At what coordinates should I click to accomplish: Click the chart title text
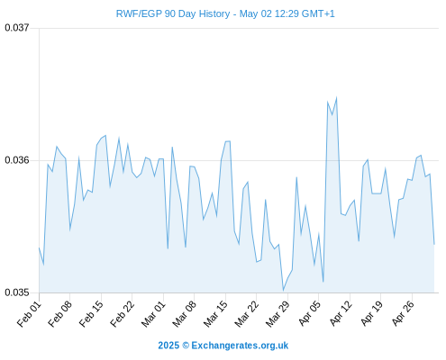tap(225, 13)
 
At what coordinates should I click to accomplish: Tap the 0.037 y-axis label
tap(17, 28)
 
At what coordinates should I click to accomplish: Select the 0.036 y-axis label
tap(17, 160)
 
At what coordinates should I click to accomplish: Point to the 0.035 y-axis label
tap(17, 292)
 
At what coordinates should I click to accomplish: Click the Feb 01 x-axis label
tap(30, 314)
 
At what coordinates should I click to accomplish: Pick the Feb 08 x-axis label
tap(60, 314)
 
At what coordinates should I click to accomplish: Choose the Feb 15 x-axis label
tap(92, 314)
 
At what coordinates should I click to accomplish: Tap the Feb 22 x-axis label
tap(123, 314)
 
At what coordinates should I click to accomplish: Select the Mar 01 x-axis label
tap(153, 314)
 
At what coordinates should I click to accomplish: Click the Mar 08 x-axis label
tap(185, 314)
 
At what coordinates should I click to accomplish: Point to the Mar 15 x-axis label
tap(215, 314)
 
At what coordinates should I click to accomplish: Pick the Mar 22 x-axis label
tap(247, 314)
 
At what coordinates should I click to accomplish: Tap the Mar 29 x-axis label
tap(278, 314)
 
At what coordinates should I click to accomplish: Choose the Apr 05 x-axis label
tap(309, 314)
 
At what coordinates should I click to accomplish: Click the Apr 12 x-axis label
tap(341, 314)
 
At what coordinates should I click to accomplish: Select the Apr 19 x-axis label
tap(371, 314)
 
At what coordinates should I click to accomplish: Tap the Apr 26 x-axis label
tap(403, 314)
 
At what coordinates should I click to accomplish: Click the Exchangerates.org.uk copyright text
tap(223, 346)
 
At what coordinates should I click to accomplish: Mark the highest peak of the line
tap(337, 97)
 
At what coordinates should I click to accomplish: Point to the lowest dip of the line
tap(283, 291)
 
